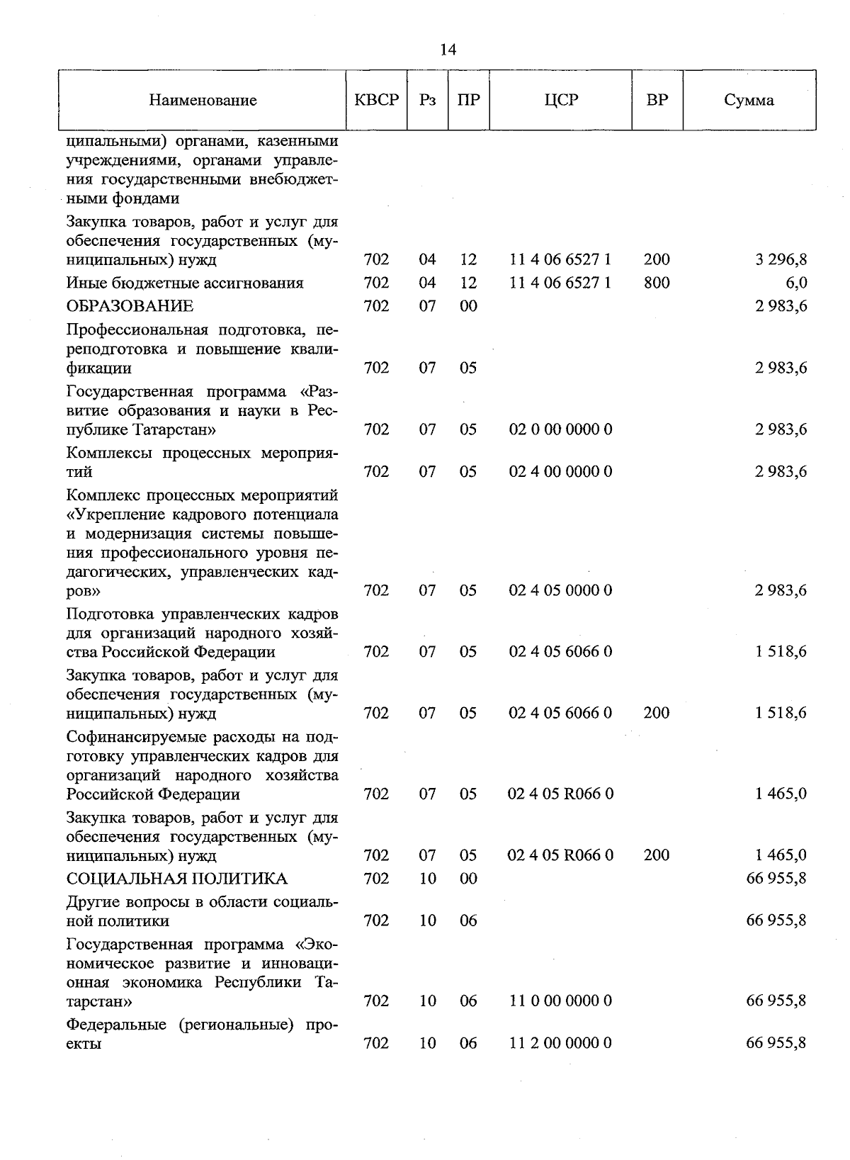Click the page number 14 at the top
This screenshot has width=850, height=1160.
pyautogui.click(x=448, y=49)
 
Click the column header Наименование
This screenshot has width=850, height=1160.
pyautogui.click(x=203, y=100)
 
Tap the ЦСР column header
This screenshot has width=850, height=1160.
pyautogui.click(x=561, y=100)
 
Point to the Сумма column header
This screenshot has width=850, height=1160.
pyautogui.click(x=749, y=100)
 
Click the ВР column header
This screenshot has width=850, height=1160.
pyautogui.click(x=657, y=100)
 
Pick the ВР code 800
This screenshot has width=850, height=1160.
pyautogui.click(x=657, y=283)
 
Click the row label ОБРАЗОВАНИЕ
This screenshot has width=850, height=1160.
pyautogui.click(x=130, y=306)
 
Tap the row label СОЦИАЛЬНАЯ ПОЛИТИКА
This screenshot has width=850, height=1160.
pyautogui.click(x=177, y=879)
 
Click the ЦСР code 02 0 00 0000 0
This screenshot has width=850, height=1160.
pyautogui.click(x=560, y=429)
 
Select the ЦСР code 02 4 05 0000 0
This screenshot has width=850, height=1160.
pyautogui.click(x=560, y=590)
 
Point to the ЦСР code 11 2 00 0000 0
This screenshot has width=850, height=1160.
pyautogui.click(x=560, y=1043)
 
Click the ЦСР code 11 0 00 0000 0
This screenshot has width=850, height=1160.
pyautogui.click(x=560, y=1001)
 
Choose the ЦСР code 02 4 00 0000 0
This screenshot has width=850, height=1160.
pyautogui.click(x=560, y=472)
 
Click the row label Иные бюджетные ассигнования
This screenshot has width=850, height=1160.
pyautogui.click(x=185, y=283)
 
